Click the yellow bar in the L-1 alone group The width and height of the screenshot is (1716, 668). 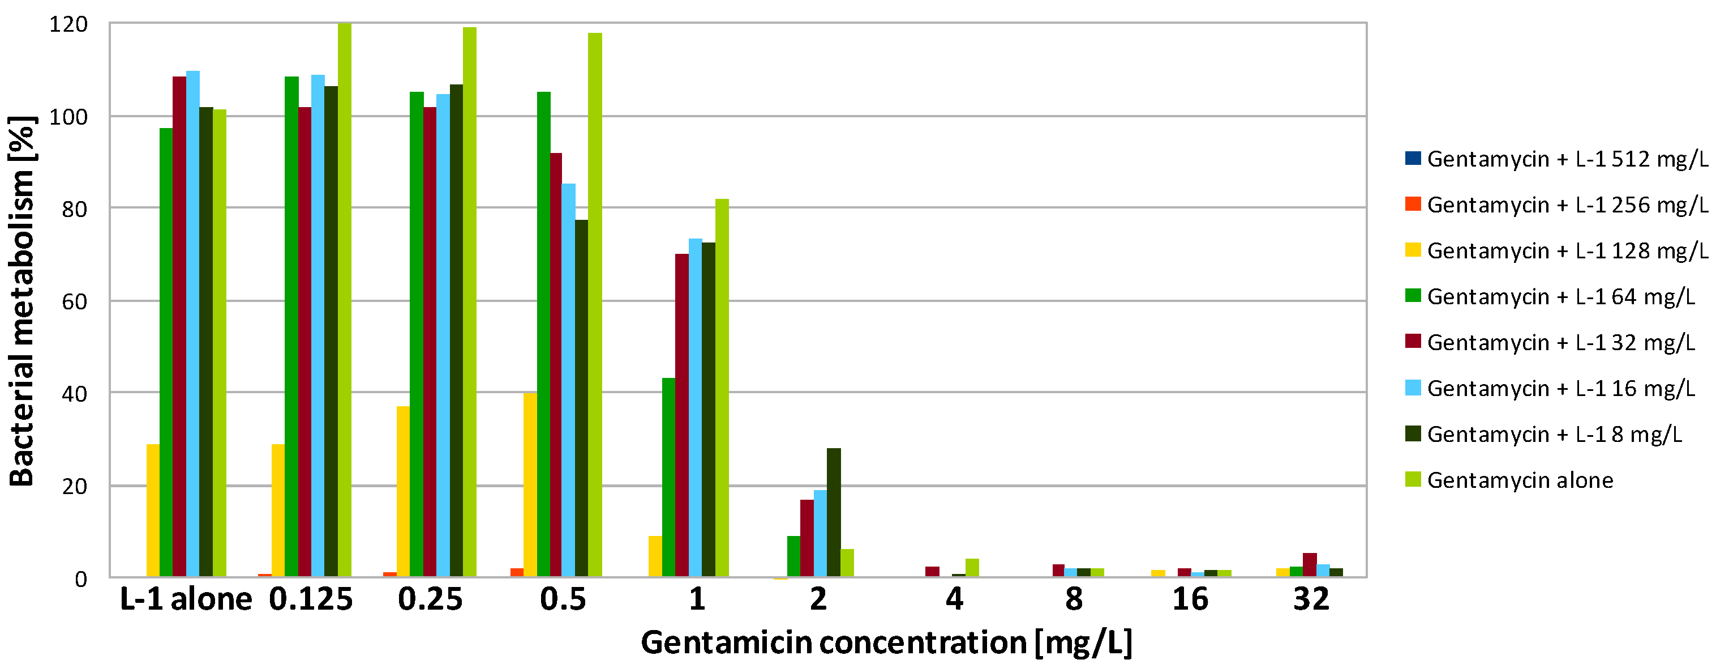point(153,510)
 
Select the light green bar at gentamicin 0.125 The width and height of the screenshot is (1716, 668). point(345,300)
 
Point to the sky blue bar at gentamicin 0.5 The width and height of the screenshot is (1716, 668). point(568,380)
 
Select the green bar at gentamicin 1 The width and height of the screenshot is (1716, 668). point(668,477)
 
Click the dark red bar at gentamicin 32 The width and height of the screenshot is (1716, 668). point(1310,565)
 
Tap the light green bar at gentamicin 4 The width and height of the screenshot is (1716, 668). point(972,567)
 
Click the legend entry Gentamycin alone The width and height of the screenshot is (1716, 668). point(1520,480)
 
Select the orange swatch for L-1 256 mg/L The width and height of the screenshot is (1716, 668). point(1412,204)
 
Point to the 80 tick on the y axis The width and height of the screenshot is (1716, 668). point(75,209)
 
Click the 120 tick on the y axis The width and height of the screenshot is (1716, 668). point(68,25)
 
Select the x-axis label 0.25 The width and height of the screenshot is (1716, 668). point(430,599)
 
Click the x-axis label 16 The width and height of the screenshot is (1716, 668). point(1190,599)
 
